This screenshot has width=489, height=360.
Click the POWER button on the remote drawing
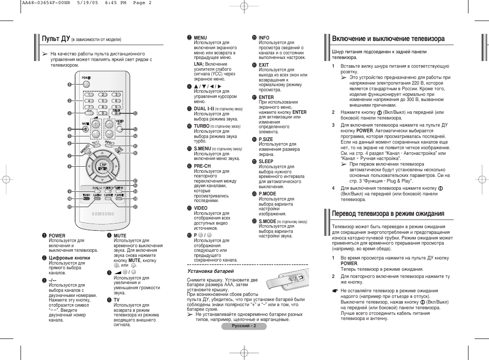[x=86, y=84]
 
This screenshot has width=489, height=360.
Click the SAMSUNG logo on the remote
[x=103, y=214]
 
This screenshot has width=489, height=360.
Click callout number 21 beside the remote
[x=135, y=207]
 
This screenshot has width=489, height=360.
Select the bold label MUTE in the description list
[x=120, y=235]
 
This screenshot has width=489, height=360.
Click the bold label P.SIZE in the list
[x=266, y=139]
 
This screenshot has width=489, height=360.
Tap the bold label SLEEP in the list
[x=266, y=161]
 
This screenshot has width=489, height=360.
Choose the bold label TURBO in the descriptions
[x=201, y=126]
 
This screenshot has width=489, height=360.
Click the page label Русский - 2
[x=243, y=326]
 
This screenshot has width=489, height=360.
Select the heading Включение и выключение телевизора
[x=388, y=38]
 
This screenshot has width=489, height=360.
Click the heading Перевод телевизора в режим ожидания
[x=388, y=213]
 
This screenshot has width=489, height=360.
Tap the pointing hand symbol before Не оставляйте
[x=335, y=291]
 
